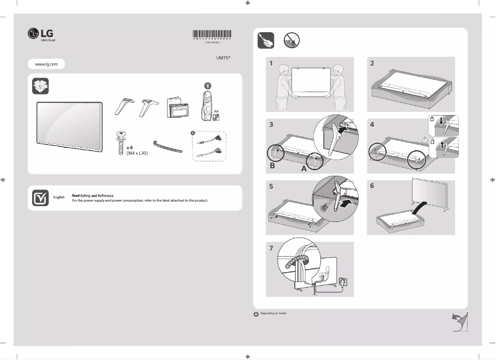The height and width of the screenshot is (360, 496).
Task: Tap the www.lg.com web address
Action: click(46, 64)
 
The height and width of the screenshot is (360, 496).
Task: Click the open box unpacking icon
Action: click(40, 86)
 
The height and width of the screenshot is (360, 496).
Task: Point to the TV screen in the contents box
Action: click(69, 126)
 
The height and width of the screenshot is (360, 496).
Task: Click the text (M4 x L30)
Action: click(137, 153)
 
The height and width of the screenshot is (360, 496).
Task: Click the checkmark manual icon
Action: click(40, 198)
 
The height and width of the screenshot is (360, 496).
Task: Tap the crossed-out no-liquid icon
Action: click(291, 41)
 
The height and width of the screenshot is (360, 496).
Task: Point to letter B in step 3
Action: click(272, 166)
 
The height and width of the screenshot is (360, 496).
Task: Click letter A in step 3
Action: click(304, 168)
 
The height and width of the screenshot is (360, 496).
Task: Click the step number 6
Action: click(372, 185)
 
